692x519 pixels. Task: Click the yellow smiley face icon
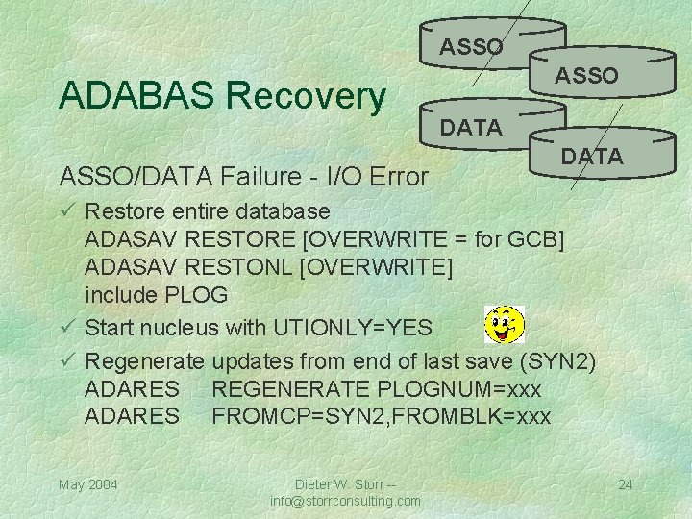click(x=505, y=324)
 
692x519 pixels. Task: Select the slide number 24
click(x=625, y=483)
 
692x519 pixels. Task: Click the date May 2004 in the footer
click(x=88, y=483)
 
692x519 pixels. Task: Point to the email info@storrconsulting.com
click(x=345, y=501)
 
